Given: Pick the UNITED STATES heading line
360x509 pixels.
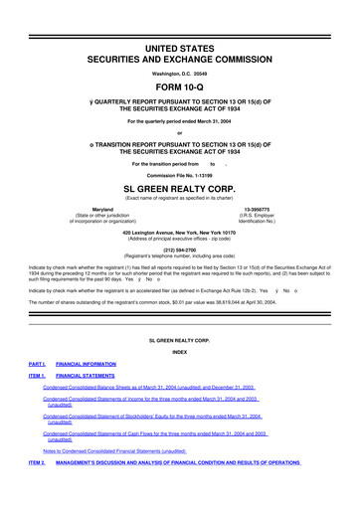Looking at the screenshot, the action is (179, 19).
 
